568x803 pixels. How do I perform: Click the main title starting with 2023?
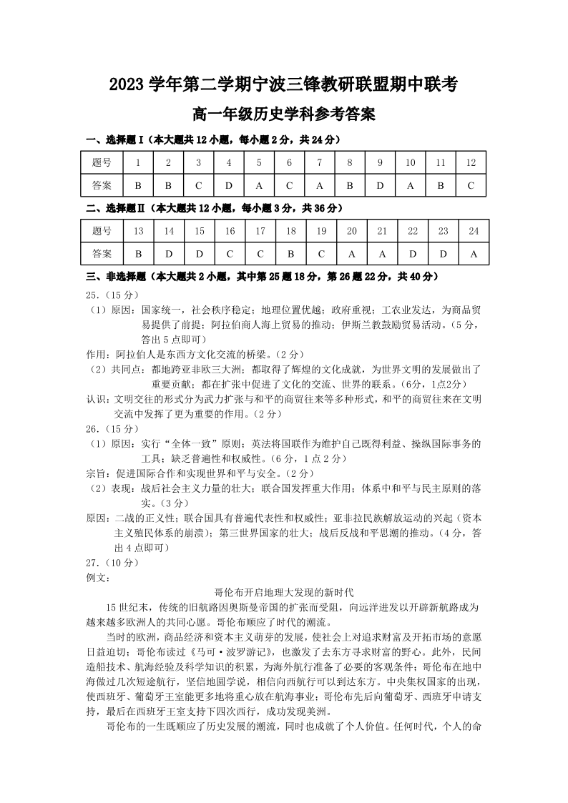point(283,84)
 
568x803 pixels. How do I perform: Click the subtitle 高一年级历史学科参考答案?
point(283,114)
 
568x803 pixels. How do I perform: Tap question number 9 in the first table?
point(380,162)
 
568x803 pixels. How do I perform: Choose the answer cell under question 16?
point(230,253)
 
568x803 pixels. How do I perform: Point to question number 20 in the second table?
point(351,230)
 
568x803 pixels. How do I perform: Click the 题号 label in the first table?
point(102,162)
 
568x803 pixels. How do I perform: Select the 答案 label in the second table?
point(102,253)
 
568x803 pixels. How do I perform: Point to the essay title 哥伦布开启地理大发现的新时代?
point(284,592)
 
